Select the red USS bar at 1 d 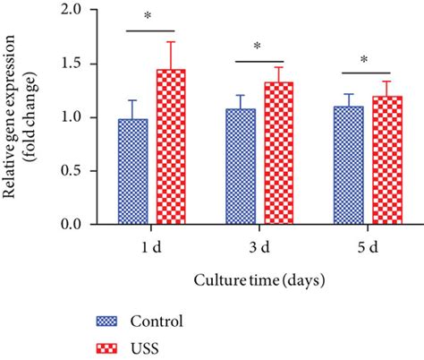click(171, 148)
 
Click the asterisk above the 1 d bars click(154, 17)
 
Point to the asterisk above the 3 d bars click(259, 47)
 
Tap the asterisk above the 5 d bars click(364, 60)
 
